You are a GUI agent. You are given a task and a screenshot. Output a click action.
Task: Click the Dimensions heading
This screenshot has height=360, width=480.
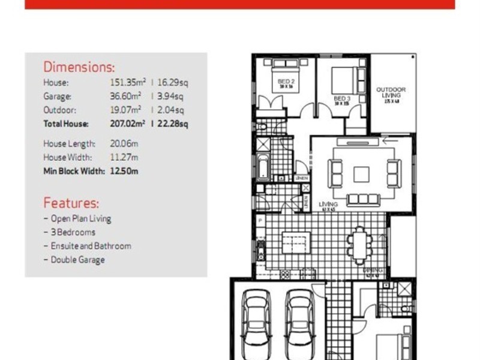79,67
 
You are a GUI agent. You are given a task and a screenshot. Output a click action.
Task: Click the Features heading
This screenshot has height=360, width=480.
71,203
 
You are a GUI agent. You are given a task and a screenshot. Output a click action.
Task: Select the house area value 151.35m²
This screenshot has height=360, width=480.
122,82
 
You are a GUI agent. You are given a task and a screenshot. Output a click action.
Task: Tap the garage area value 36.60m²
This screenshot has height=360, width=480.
122,96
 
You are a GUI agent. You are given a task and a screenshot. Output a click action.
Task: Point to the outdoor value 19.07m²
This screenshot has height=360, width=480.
122,110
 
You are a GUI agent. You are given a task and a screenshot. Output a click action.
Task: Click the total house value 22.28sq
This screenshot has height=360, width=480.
173,124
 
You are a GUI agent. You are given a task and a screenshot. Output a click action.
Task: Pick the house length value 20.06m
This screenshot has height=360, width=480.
124,144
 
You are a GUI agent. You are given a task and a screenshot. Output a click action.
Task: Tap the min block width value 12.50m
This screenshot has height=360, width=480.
124,171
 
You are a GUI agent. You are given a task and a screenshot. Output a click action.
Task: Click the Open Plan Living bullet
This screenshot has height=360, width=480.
80,218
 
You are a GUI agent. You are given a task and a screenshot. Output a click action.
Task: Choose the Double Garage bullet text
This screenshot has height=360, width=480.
77,260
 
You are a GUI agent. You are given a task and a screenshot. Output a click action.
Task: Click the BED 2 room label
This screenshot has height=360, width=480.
286,82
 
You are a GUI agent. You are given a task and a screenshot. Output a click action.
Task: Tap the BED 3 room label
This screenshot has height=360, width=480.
341,99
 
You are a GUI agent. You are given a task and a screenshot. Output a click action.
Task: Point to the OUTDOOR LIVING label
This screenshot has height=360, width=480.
391,93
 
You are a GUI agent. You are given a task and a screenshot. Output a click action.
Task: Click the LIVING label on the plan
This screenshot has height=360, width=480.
328,205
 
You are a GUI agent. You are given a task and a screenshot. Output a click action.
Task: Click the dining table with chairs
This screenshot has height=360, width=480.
359,245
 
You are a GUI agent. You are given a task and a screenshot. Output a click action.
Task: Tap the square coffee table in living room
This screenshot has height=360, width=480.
361,174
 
